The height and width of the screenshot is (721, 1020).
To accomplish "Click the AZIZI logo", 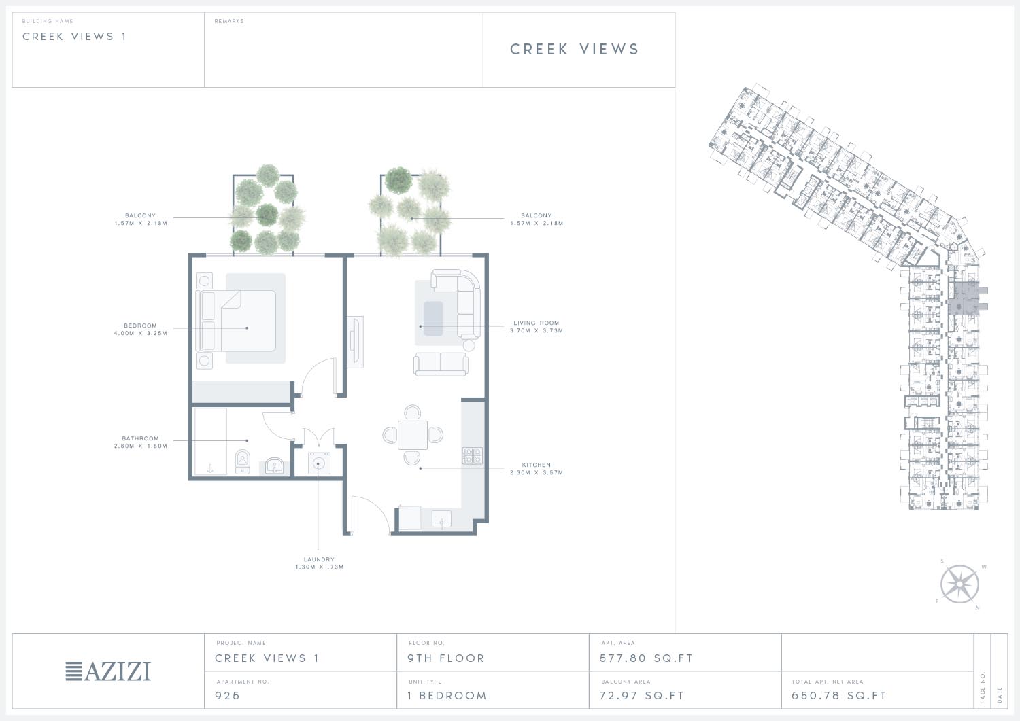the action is [x=108, y=671].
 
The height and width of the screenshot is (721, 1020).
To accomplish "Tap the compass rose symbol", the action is [x=959, y=584].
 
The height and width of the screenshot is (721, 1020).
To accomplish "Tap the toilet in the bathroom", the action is [x=242, y=461].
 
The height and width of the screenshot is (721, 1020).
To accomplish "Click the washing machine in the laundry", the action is [x=319, y=463].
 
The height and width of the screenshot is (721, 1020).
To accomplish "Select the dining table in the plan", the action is [x=413, y=435].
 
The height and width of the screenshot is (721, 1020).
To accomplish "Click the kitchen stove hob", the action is [x=472, y=455].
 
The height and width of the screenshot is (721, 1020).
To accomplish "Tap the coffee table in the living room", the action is [x=433, y=318].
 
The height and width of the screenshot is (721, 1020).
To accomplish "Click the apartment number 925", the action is [x=227, y=695].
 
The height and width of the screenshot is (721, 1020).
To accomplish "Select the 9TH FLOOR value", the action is [x=446, y=658].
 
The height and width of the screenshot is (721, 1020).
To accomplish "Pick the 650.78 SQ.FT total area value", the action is [x=838, y=695].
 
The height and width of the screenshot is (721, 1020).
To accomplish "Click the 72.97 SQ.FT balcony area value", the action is [x=642, y=695].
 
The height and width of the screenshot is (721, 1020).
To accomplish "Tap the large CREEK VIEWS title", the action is [x=575, y=49].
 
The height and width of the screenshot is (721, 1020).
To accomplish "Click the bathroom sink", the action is [x=274, y=467].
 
